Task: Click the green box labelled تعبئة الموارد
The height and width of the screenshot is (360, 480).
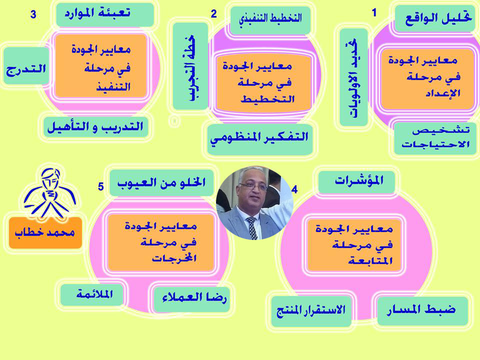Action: click(104, 14)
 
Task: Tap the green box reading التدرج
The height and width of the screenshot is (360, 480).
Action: click(26, 66)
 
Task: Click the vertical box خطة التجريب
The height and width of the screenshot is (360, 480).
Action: click(190, 66)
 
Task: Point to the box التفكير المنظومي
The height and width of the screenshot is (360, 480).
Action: click(260, 139)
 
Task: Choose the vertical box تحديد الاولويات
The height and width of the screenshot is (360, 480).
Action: click(353, 77)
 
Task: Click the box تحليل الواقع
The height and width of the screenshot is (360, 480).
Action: click(434, 18)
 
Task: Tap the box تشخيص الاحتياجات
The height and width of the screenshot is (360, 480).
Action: click(434, 138)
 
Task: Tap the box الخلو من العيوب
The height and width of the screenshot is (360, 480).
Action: click(161, 183)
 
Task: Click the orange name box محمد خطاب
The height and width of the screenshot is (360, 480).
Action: click(45, 232)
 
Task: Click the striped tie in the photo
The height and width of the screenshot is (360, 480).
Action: click(252, 227)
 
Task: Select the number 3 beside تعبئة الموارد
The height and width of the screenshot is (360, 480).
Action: click(33, 14)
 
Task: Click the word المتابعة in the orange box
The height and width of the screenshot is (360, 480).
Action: click(370, 261)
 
